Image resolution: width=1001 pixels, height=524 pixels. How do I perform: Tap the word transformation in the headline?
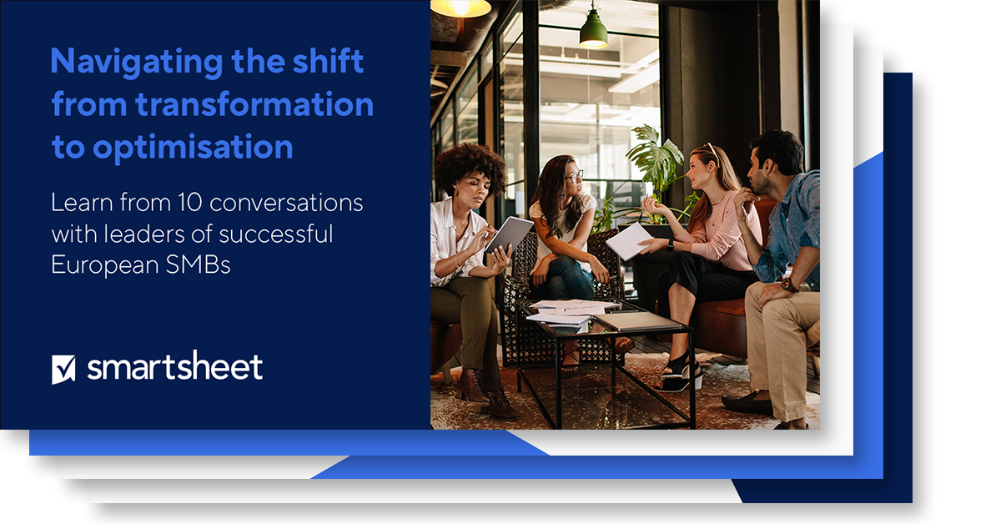pos(254,105)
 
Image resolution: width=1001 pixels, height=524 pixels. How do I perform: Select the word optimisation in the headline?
pos(193,148)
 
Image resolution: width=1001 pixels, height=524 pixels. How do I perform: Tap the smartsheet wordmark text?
pos(174,367)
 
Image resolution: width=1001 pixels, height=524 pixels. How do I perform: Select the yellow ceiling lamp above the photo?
pos(460,8)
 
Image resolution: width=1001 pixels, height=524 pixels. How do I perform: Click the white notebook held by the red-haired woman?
pos(628,241)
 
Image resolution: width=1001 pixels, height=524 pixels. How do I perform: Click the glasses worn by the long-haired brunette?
pos(573,177)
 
